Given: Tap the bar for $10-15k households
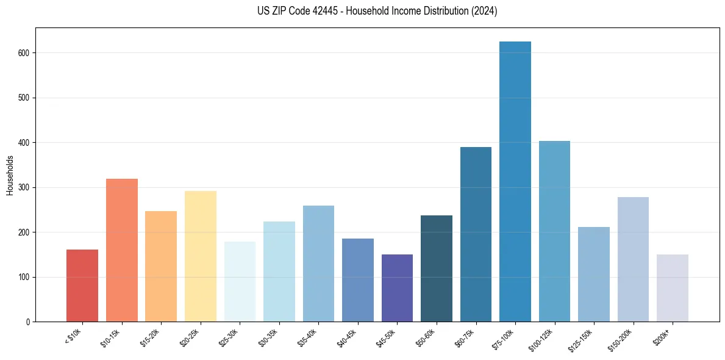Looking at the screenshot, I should [x=122, y=250].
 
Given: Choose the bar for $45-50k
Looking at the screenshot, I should [x=397, y=288].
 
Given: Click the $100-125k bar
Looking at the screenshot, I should [x=554, y=231].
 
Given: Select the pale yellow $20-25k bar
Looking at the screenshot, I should [x=201, y=256].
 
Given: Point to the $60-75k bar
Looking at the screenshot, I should [x=476, y=234].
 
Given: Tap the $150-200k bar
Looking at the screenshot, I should [x=633, y=259].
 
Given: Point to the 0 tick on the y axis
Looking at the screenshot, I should [x=29, y=322].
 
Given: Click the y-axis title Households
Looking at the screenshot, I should [x=10, y=175].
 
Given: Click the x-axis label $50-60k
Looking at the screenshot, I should [x=425, y=337].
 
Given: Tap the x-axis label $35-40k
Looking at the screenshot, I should [x=307, y=337].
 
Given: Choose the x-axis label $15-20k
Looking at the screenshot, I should [x=150, y=337].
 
